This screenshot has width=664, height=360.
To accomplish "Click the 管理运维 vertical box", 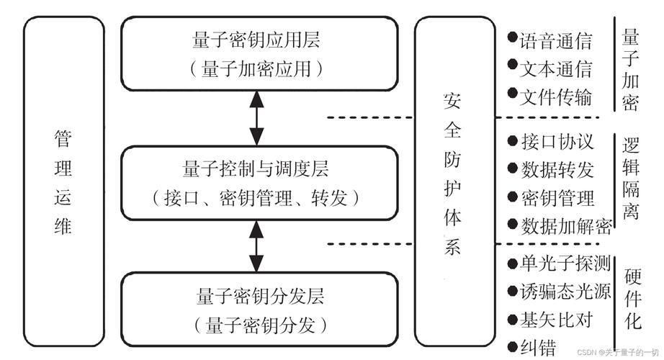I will click(x=63, y=183).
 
